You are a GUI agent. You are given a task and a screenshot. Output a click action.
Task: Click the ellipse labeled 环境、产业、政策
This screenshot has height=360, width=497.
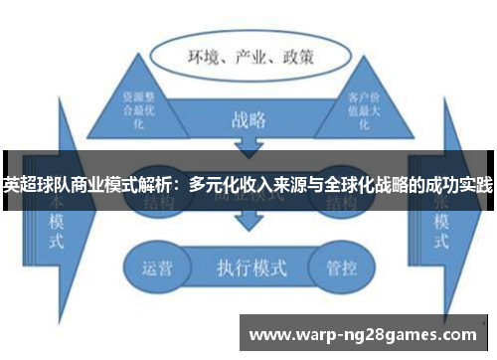click(x=248, y=56)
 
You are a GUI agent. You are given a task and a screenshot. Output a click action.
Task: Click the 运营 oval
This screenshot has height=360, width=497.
click(x=158, y=268)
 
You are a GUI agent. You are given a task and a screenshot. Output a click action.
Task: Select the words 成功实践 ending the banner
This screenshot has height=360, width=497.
click(x=459, y=185)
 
